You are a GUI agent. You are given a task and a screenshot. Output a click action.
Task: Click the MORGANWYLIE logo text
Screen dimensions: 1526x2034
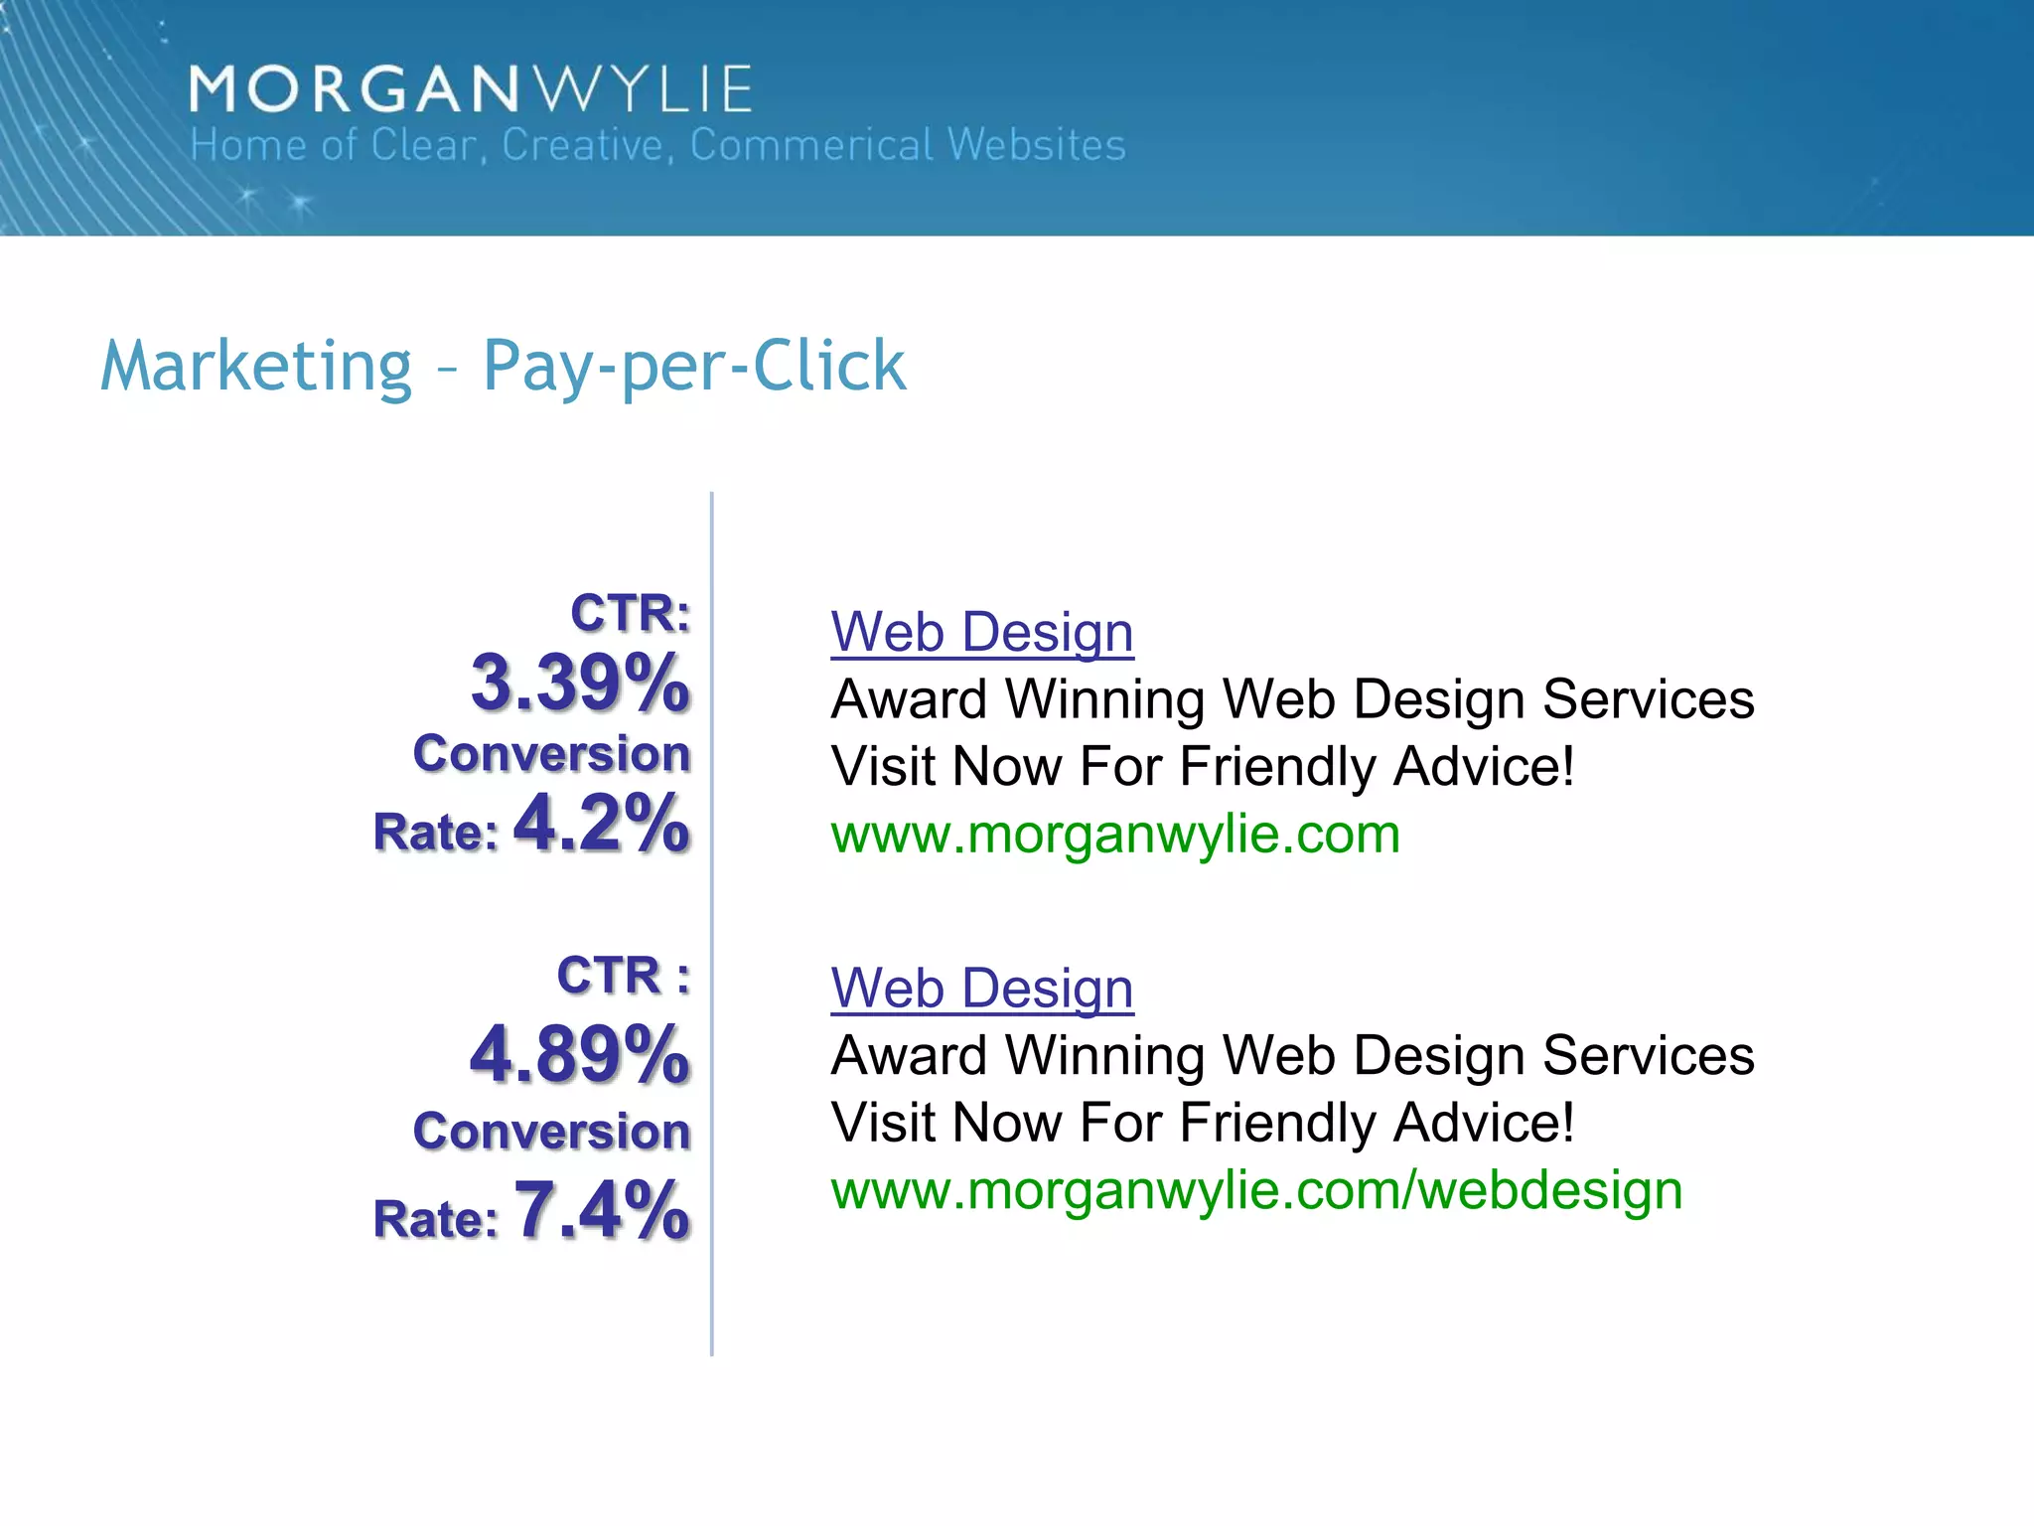point(471,89)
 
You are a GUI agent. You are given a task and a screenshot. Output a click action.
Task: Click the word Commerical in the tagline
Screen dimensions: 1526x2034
point(812,145)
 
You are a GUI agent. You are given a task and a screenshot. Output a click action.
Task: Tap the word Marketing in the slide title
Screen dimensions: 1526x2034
point(256,366)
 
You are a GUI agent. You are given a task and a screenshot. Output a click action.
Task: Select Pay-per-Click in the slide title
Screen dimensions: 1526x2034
point(694,366)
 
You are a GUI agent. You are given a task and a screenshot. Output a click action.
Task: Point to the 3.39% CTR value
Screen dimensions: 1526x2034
point(580,683)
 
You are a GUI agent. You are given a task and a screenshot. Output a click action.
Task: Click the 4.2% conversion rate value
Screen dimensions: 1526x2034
point(601,824)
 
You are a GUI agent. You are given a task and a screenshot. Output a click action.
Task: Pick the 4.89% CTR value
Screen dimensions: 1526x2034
point(580,1054)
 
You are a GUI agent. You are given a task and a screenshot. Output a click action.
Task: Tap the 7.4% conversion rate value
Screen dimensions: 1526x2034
point(601,1210)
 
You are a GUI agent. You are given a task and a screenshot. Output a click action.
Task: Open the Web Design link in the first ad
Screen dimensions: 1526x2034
point(982,632)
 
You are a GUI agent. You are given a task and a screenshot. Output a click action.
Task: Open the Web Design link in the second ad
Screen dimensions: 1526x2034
point(982,989)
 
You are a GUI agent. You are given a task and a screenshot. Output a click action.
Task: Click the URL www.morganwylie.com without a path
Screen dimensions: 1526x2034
point(1115,835)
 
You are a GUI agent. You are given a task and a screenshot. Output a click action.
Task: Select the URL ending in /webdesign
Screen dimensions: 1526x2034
point(1256,1190)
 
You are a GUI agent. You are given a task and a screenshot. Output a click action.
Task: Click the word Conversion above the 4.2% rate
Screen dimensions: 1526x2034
point(551,753)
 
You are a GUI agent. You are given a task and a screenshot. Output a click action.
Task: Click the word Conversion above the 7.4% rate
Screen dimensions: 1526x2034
point(551,1132)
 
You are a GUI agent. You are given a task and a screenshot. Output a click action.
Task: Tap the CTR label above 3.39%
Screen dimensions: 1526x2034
point(630,612)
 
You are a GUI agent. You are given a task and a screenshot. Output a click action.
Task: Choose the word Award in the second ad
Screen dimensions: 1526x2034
point(909,1055)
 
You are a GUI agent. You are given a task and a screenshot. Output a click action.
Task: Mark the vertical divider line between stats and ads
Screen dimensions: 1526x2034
point(712,924)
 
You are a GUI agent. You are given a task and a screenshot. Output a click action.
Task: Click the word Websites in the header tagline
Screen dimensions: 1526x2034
point(1037,145)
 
